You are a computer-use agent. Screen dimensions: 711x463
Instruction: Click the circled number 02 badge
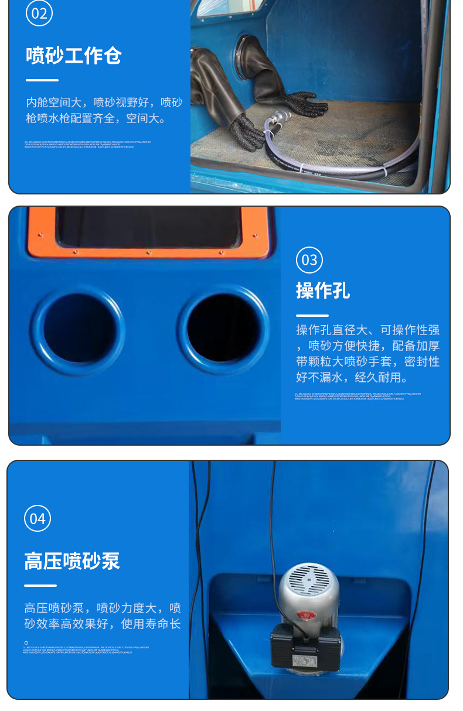coord(39,13)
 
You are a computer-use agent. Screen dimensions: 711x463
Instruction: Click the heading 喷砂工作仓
coord(73,56)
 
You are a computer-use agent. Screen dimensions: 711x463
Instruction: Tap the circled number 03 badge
coord(309,260)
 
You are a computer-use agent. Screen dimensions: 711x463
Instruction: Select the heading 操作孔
coord(323,290)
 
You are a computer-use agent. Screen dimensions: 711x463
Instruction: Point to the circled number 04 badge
coord(38,519)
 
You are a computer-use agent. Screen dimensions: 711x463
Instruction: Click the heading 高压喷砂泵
coord(72,561)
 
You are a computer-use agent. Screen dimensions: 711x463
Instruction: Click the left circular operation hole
coord(78,330)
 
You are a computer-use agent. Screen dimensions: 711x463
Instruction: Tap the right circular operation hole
coord(224,329)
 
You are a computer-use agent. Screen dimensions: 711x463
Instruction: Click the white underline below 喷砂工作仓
coord(42,80)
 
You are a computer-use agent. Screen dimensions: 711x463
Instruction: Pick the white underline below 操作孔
coord(312,316)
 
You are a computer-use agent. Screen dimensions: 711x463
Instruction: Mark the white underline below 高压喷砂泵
coord(40,586)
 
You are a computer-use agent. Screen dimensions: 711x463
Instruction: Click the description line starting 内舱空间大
coord(104,102)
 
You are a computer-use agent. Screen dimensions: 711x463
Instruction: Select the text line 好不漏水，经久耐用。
coord(352,378)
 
